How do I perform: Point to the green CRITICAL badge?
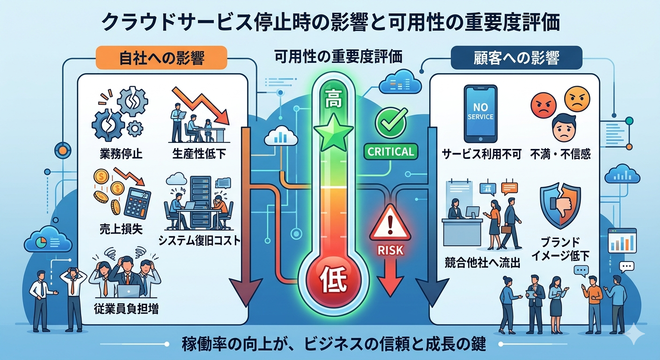(x=390, y=151)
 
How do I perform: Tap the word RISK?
(x=390, y=250)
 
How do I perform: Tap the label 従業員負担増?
(x=126, y=309)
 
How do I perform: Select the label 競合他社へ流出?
(x=482, y=263)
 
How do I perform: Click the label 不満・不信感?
(x=561, y=154)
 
